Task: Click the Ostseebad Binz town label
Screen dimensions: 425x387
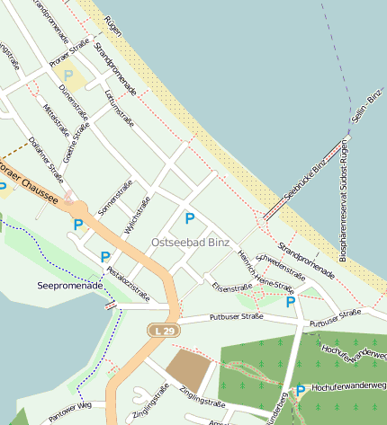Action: coord(190,243)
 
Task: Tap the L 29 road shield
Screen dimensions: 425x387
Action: coord(163,332)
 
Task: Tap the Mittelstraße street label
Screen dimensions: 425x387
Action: coord(56,120)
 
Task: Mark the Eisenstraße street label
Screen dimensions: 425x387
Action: coord(233,288)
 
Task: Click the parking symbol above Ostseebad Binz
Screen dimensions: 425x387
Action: coord(190,218)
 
